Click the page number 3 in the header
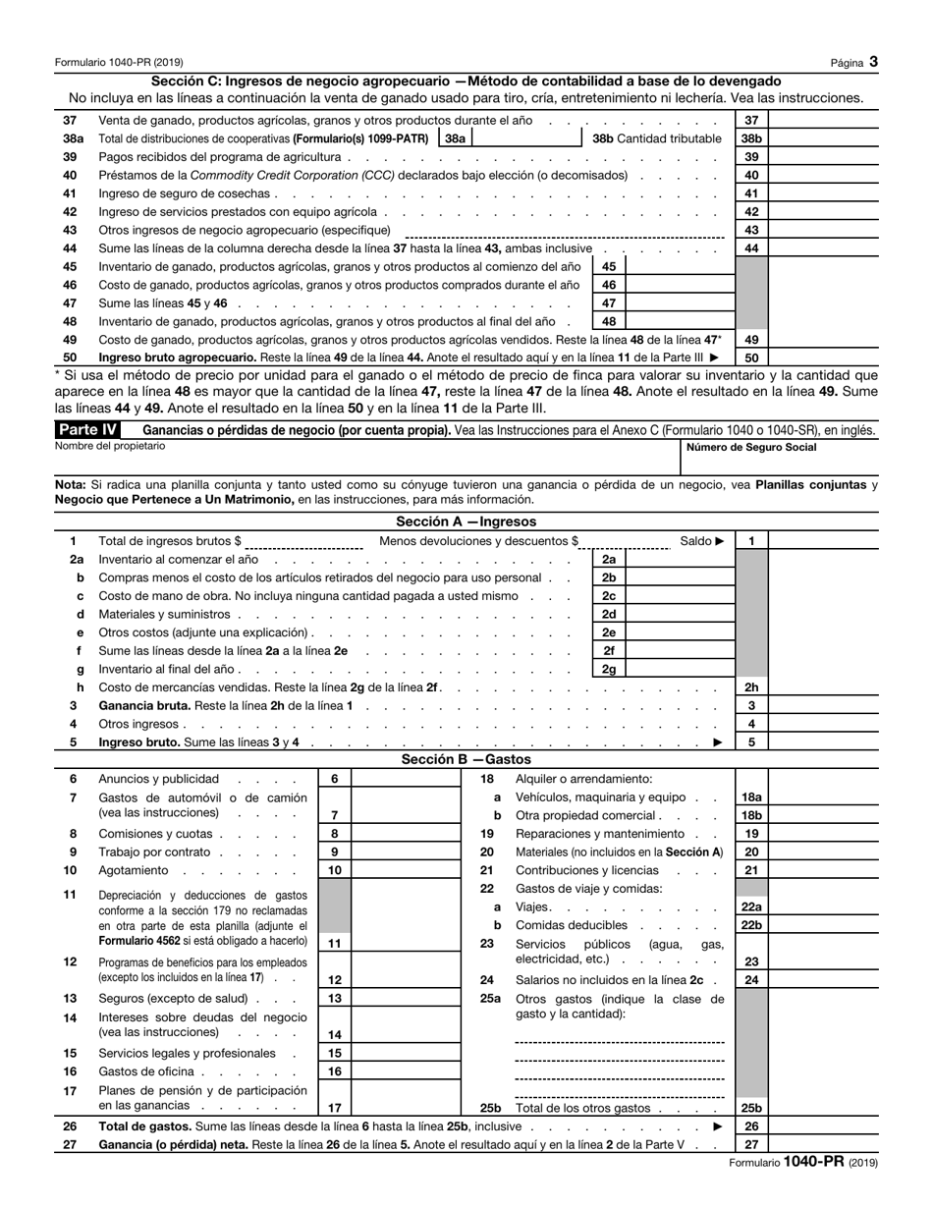[x=873, y=62]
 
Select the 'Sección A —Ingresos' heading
[x=466, y=522]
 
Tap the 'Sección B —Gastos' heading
[x=466, y=759]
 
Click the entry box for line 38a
[x=526, y=138]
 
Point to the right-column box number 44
[x=751, y=248]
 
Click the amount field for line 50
[x=823, y=358]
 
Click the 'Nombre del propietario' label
[x=110, y=446]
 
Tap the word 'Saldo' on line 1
[x=695, y=540]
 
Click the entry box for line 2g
[x=679, y=670]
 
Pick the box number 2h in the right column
[x=751, y=687]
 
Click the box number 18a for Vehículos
[x=751, y=797]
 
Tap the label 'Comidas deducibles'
[x=571, y=925]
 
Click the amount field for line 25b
[x=823, y=1108]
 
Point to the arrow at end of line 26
[x=717, y=1126]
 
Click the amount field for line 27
[x=823, y=1145]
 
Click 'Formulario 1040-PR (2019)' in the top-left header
[x=119, y=63]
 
